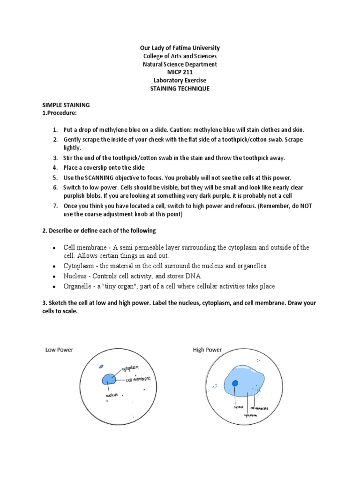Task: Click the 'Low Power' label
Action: tap(59, 350)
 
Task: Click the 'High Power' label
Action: tap(207, 350)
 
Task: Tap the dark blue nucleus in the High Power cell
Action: tap(235, 383)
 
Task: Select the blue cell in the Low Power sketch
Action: tap(109, 378)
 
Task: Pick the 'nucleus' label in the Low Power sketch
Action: tap(112, 395)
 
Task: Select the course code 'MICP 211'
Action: tap(180, 73)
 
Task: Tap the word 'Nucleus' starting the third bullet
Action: tap(74, 276)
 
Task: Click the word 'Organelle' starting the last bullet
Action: tap(77, 286)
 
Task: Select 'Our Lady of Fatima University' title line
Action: tap(180, 48)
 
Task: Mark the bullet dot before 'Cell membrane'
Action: tap(55, 247)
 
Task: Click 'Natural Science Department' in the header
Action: tap(180, 64)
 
